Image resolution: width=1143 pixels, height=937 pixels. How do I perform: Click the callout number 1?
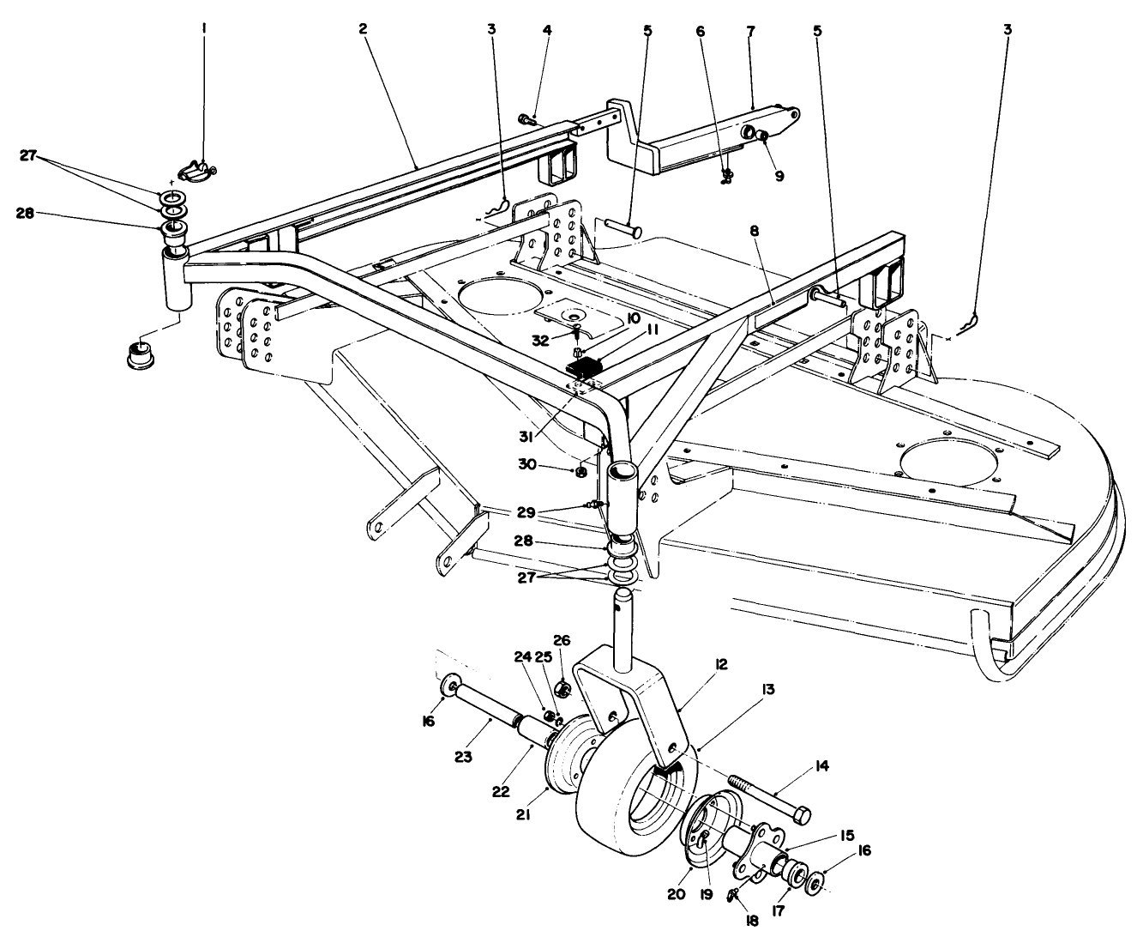pyautogui.click(x=204, y=29)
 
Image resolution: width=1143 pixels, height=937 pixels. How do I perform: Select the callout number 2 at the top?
pyautogui.click(x=363, y=29)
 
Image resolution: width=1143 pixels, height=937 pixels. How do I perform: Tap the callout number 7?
pyautogui.click(x=751, y=30)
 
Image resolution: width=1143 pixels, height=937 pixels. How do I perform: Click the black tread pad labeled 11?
pyautogui.click(x=584, y=369)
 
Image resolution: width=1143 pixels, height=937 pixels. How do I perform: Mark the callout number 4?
pyautogui.click(x=547, y=30)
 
